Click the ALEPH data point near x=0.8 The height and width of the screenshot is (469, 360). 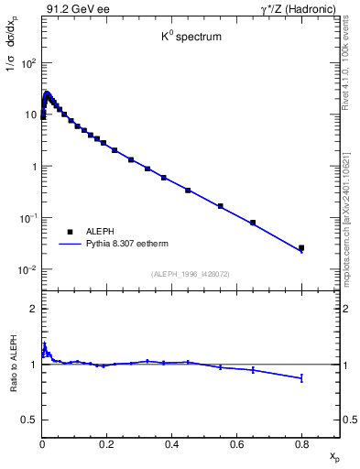tap(301, 247)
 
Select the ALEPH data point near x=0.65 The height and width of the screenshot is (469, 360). tap(253, 223)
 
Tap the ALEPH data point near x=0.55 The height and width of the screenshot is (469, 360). tap(220, 206)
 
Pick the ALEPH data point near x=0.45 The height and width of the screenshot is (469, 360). tap(188, 191)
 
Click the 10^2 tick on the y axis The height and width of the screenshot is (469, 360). tap(29, 64)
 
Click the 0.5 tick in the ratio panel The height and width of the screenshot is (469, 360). tap(31, 420)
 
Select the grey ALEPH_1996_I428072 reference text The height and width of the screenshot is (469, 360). tap(191, 274)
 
